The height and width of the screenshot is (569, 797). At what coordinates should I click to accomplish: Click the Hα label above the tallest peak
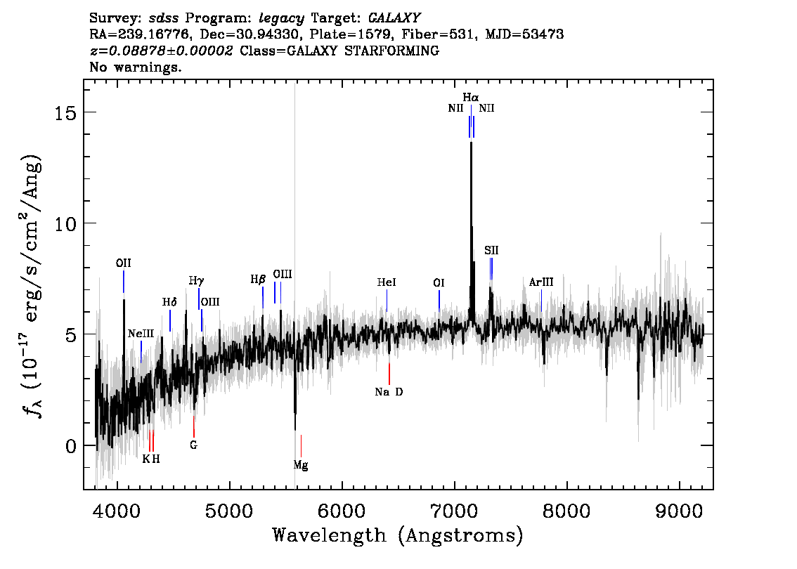471,97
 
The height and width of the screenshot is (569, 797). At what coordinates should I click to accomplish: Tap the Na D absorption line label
389,392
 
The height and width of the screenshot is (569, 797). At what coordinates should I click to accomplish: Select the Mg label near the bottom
301,465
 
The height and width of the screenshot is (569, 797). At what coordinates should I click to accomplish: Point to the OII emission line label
124,263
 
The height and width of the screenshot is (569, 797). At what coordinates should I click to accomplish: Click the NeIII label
141,333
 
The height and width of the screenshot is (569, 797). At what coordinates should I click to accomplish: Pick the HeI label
387,282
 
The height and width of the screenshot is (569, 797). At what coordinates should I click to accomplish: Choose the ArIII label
541,282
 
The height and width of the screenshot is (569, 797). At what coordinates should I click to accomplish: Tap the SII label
491,250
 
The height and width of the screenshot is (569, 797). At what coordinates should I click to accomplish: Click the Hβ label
258,280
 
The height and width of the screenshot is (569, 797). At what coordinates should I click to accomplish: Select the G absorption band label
194,445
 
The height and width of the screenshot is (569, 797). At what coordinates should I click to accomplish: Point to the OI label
439,282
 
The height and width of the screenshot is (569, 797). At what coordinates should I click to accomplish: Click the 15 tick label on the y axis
65,113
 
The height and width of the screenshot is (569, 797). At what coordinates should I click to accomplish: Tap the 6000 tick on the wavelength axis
342,511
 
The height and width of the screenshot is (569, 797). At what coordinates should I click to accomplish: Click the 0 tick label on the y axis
71,446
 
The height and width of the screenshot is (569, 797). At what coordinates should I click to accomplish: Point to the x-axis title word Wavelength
330,535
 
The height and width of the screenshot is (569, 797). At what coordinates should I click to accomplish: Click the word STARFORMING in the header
392,51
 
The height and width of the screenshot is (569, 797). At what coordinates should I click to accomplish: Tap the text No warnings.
135,67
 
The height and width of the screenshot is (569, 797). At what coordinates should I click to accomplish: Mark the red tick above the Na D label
389,374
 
